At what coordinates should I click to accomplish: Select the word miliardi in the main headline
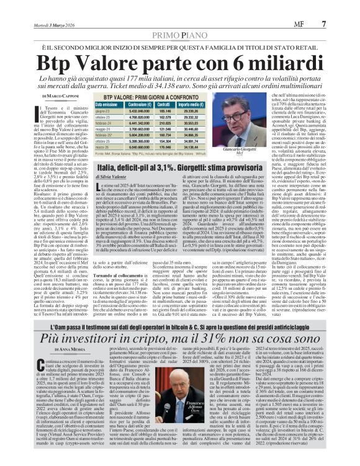(x=277, y=63)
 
